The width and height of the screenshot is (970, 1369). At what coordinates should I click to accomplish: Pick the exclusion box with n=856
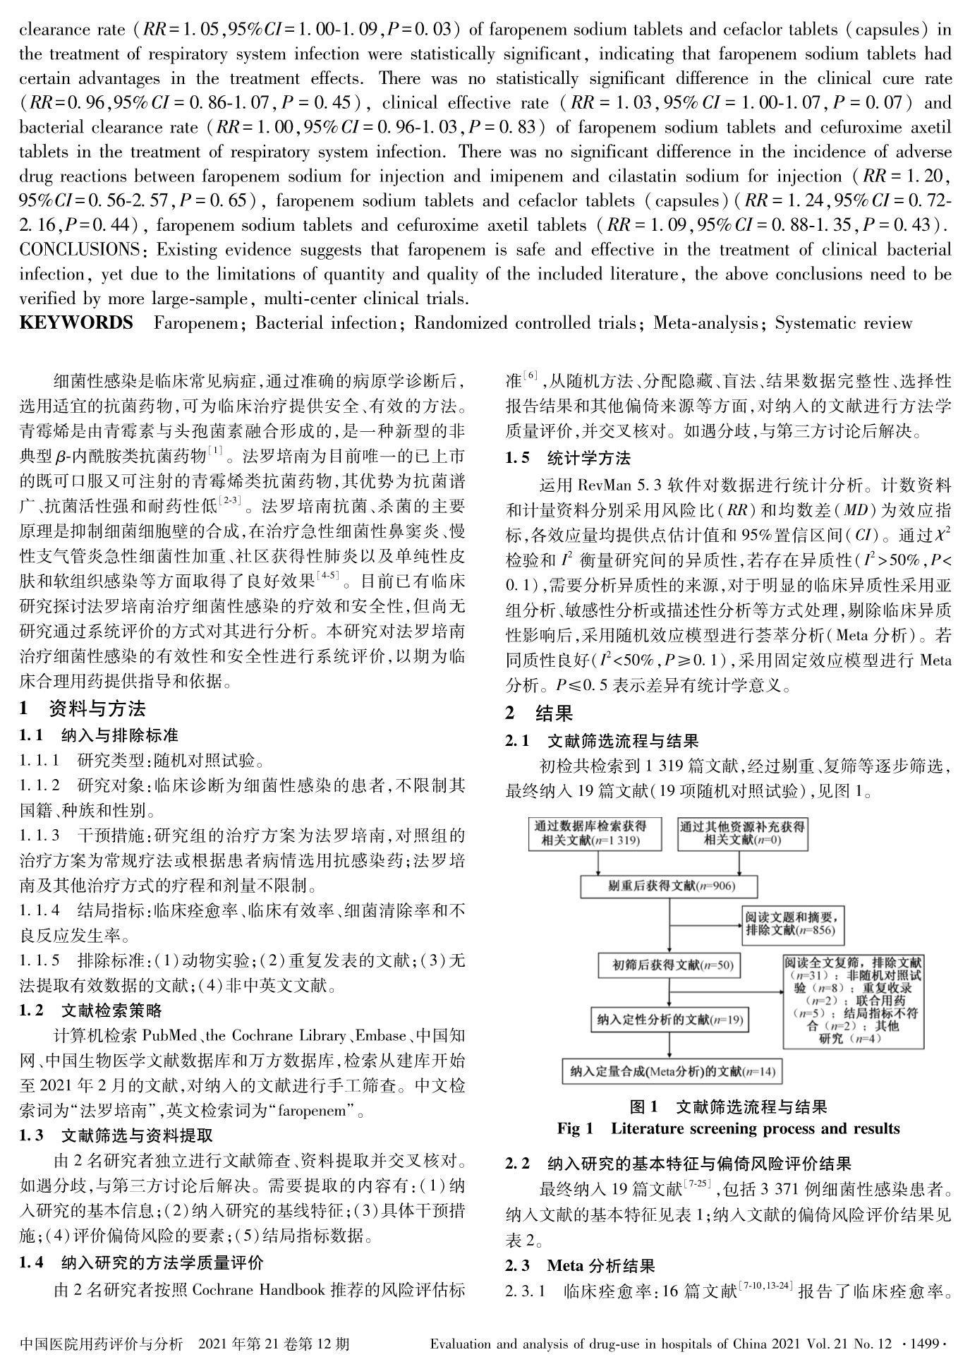click(793, 924)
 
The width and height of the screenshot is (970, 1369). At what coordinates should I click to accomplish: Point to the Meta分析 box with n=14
click(672, 1072)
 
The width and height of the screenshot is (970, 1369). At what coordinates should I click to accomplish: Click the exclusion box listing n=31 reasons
click(853, 1000)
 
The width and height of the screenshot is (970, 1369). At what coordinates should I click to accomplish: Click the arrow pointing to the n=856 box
click(707, 924)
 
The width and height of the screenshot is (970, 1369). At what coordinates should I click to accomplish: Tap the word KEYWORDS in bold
click(76, 323)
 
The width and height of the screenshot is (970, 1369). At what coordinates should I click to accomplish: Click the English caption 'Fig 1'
click(575, 1128)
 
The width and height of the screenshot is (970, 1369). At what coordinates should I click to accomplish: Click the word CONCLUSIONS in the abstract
click(80, 250)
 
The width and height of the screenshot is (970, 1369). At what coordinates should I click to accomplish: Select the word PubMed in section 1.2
click(169, 1037)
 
